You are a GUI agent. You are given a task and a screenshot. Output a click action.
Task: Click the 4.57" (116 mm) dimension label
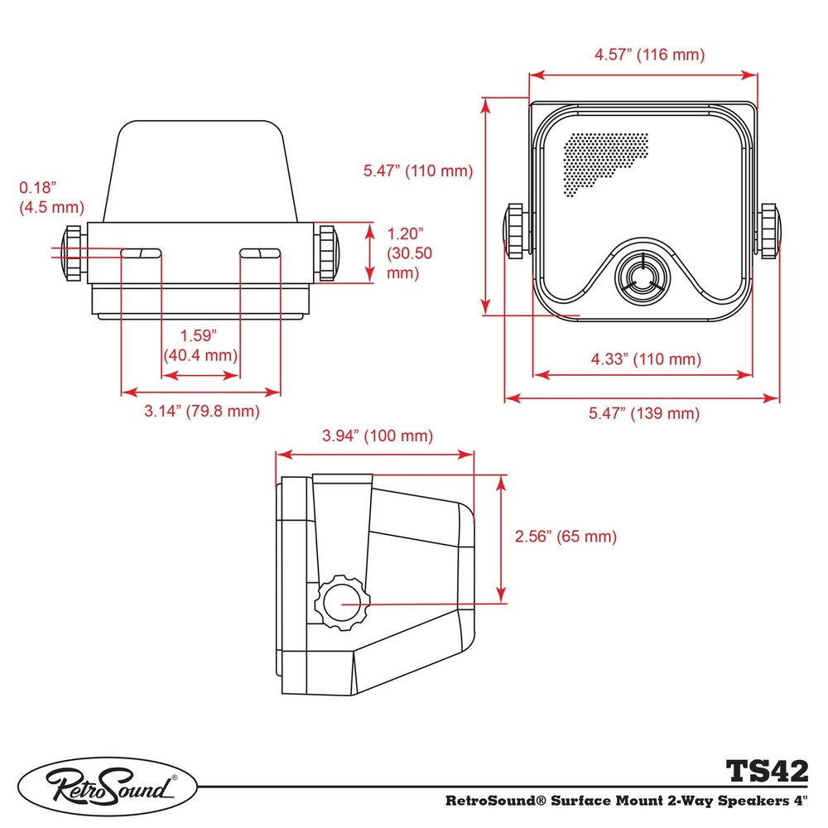pyautogui.click(x=649, y=55)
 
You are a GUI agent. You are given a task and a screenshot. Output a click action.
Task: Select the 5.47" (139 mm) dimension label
pyautogui.click(x=644, y=413)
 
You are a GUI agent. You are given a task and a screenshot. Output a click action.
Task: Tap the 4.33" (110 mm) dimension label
pyautogui.click(x=645, y=359)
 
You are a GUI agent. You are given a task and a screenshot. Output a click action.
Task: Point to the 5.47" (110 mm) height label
pyautogui.click(x=417, y=171)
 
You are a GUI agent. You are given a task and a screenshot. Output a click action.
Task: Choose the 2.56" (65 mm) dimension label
pyautogui.click(x=566, y=536)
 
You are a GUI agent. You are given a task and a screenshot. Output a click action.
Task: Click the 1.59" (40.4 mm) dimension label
pyautogui.click(x=199, y=345)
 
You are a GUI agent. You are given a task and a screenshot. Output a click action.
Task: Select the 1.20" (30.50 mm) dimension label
pyautogui.click(x=407, y=253)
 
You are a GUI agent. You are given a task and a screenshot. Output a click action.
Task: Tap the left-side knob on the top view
pyautogui.click(x=70, y=252)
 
